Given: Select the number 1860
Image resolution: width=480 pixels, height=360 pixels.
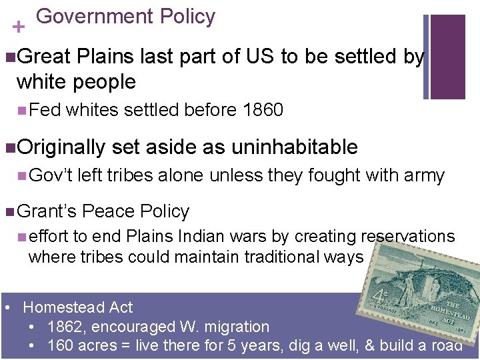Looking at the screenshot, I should click(264, 110).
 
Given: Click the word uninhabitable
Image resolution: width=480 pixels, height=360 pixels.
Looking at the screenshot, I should click(294, 147).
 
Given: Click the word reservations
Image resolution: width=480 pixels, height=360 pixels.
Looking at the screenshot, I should click(407, 237).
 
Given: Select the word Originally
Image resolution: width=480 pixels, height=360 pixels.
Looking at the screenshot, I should click(61, 147).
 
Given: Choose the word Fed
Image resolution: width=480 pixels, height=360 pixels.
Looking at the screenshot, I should click(45, 110).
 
